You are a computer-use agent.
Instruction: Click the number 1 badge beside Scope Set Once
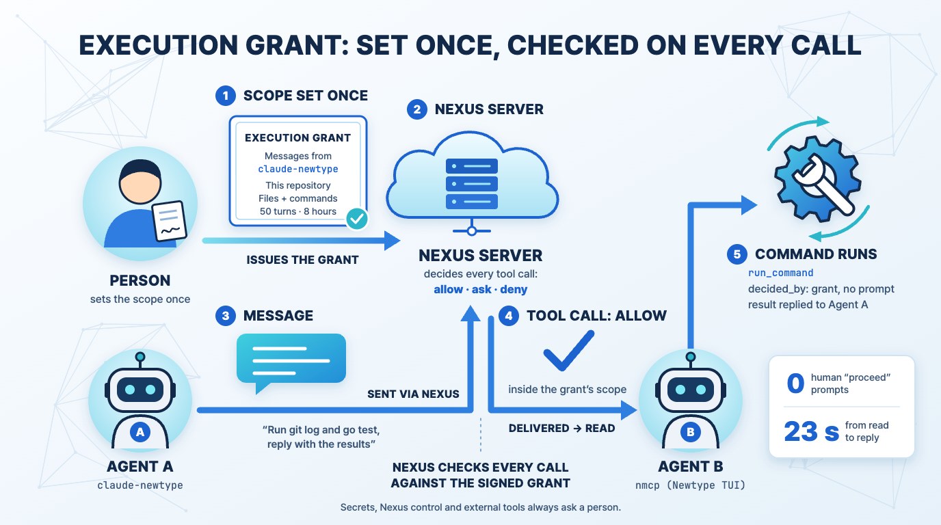tap(226, 96)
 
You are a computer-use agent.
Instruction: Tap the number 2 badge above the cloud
tap(416, 109)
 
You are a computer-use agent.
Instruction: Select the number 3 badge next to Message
tap(226, 316)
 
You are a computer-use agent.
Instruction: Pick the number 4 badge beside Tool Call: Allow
tap(509, 316)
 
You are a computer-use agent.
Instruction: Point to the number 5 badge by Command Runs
tap(737, 254)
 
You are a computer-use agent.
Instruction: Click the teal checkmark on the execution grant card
tap(357, 218)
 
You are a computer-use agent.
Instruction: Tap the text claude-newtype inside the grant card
tap(298, 170)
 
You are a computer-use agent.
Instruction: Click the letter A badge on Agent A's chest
tap(140, 432)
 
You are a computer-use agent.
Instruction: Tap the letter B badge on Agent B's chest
tap(690, 432)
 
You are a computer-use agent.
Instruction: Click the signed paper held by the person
tap(170, 221)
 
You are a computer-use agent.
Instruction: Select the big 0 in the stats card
tap(795, 383)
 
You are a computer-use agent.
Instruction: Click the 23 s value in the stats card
tap(811, 431)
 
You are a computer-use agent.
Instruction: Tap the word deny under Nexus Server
tap(514, 290)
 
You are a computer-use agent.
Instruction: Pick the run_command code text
tap(780, 273)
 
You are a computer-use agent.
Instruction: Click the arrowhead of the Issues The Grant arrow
tap(393, 241)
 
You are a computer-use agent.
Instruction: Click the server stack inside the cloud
tap(472, 183)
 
